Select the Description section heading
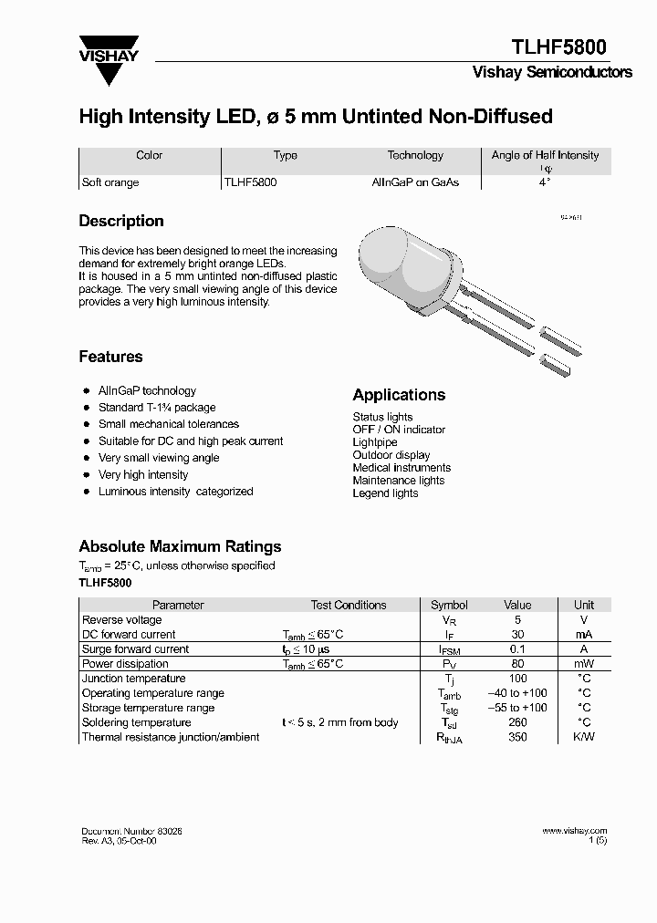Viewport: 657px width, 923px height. [121, 221]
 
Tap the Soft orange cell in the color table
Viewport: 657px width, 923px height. [110, 182]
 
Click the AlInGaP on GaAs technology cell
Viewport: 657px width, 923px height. [415, 182]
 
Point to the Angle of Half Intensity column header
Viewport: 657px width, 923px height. [545, 155]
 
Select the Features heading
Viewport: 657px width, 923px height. [110, 357]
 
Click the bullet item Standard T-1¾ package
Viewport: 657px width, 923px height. [157, 408]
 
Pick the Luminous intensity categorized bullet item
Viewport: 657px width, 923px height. [175, 492]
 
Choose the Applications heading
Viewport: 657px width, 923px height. [399, 395]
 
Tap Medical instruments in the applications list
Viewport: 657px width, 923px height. [401, 468]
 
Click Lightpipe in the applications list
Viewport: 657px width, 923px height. [376, 442]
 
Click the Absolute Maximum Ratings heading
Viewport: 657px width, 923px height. [180, 546]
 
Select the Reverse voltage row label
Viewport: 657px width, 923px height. [121, 620]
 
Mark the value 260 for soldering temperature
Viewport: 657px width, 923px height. [517, 722]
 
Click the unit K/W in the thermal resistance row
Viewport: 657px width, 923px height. [583, 737]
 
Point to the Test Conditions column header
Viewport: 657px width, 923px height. [348, 605]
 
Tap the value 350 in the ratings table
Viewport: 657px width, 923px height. [517, 737]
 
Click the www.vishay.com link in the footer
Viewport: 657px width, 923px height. [574, 831]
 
